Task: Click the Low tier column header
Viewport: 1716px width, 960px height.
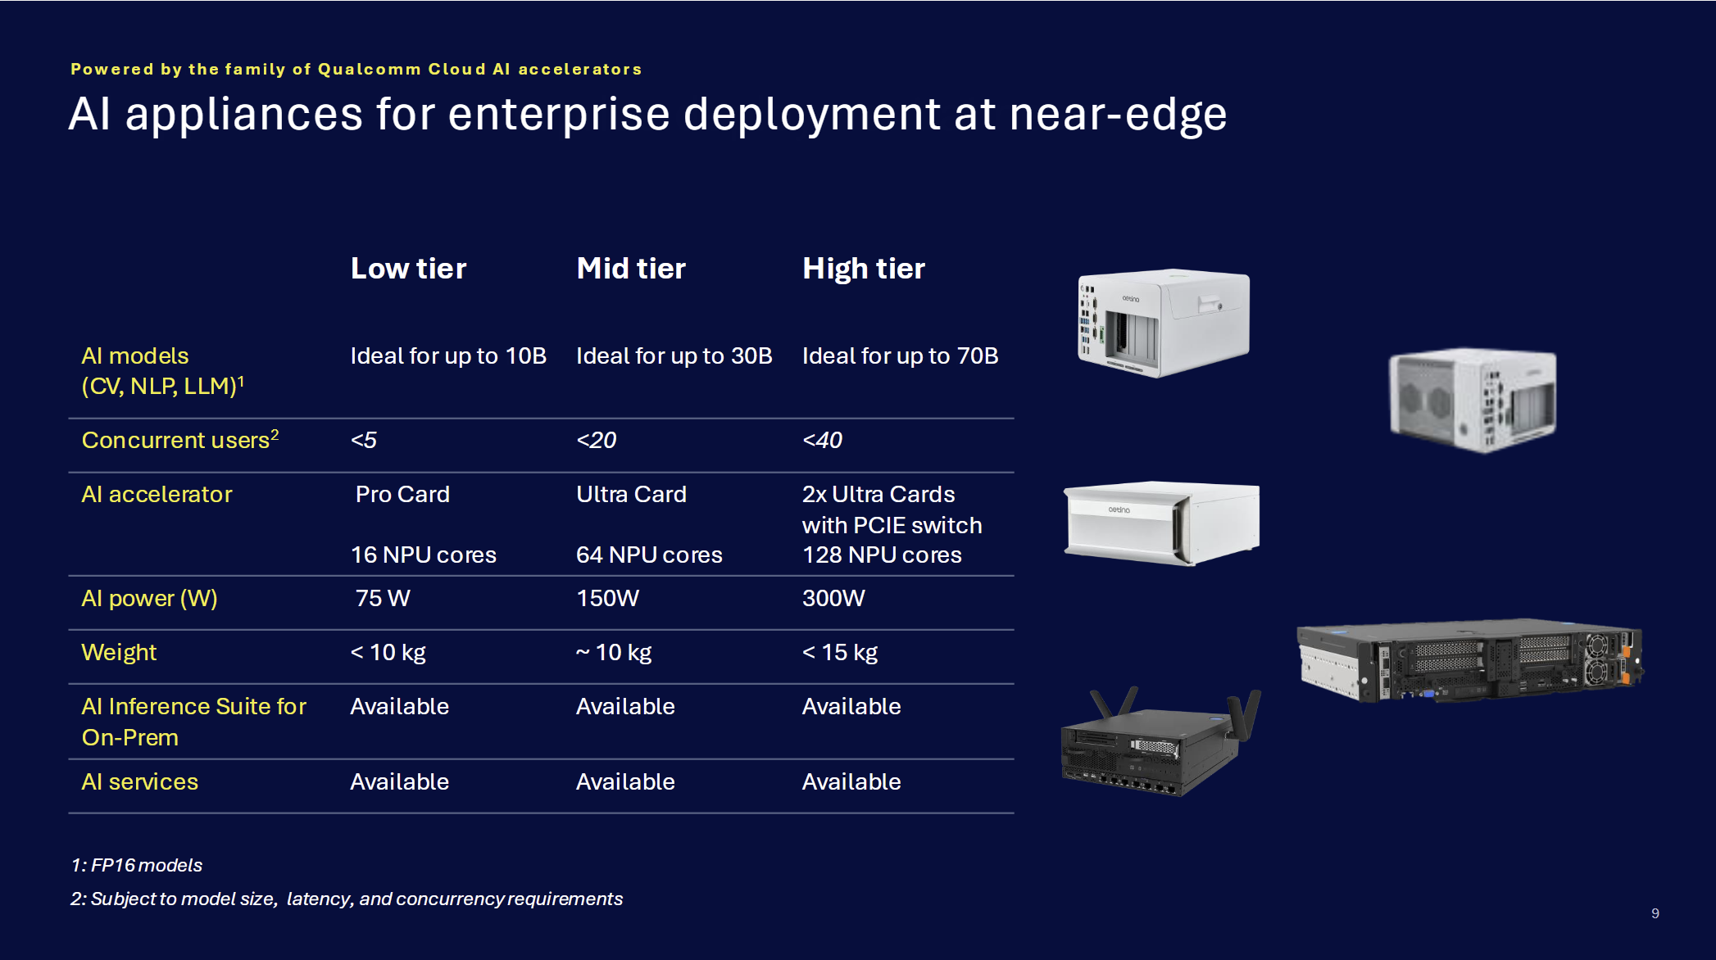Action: click(x=408, y=269)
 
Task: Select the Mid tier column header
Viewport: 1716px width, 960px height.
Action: click(x=630, y=269)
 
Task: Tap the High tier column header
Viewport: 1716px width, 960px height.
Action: click(x=863, y=269)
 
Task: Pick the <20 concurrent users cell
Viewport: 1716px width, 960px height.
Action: click(x=596, y=440)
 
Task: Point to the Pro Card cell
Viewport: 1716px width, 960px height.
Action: click(x=402, y=494)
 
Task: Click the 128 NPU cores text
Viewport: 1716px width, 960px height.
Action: click(x=881, y=555)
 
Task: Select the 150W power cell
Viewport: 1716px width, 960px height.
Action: click(x=607, y=598)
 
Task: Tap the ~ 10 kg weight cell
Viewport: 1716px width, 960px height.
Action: click(x=613, y=652)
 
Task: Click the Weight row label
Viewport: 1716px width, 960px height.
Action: click(x=119, y=652)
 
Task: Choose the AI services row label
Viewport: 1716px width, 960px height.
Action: click(x=139, y=781)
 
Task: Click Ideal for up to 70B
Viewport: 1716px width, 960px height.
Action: click(x=900, y=355)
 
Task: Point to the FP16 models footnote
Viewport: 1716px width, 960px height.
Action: click(x=136, y=865)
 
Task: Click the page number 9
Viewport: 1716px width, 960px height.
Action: click(x=1655, y=913)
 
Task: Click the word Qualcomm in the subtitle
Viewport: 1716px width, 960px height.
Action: click(x=369, y=70)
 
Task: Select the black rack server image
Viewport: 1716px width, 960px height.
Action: click(x=1469, y=660)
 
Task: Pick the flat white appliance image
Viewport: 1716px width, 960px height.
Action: click(x=1161, y=523)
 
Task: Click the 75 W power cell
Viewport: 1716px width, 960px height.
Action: click(x=382, y=598)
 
